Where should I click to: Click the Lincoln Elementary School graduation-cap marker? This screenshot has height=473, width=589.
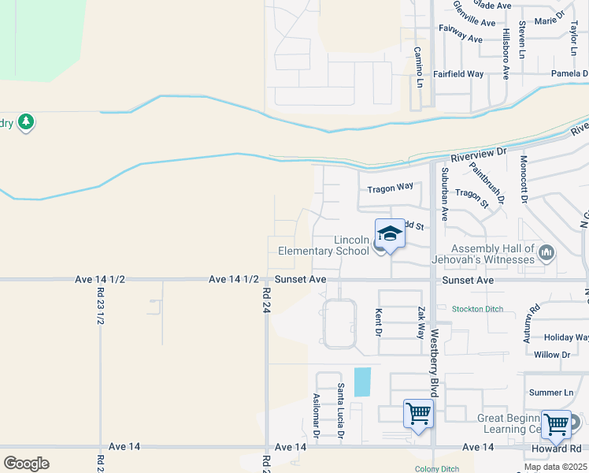point(390,233)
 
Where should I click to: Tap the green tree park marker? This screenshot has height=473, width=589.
point(26,122)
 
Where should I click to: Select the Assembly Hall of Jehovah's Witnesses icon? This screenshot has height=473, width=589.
point(547,252)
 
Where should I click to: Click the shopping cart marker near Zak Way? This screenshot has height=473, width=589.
point(418,413)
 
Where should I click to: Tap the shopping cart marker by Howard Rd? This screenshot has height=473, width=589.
point(557,423)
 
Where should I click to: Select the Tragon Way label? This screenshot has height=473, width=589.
point(390,188)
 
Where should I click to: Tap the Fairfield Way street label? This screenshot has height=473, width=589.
point(457,73)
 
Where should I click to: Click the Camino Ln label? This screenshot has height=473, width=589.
point(419,67)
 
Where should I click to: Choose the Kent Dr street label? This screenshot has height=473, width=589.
point(379,320)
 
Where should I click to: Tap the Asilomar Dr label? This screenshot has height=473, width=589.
point(317,415)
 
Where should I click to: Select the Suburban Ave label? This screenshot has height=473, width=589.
point(444,193)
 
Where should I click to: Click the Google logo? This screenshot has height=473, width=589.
point(26,464)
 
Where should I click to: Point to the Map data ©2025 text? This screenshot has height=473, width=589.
point(554,467)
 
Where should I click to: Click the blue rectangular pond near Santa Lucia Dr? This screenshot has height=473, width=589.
point(362,382)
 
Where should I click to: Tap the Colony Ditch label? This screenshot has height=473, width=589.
point(436,469)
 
